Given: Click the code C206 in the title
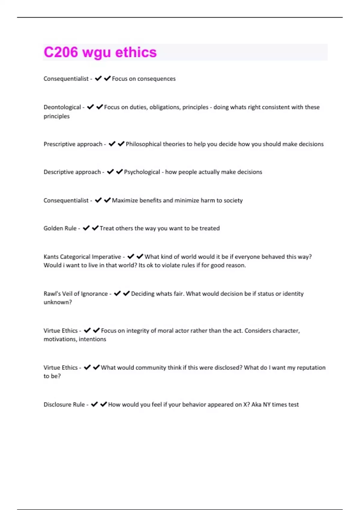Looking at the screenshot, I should coord(61,52).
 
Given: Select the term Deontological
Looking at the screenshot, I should coord(62,107).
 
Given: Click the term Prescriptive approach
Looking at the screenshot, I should coord(73,144).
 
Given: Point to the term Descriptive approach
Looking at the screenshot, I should coord(72,172).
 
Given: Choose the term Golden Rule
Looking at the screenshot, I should coord(60,228).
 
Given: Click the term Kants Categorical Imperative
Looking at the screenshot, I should coord(82,257).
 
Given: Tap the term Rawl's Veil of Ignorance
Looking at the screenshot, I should coord(76,294).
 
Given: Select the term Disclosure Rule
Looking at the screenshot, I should coord(64,404).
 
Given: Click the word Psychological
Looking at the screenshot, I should coord(142,172).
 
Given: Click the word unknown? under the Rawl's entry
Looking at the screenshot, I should coord(58,302).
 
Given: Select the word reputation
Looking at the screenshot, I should coord(311,367).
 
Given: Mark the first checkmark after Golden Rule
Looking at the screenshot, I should coord(86,228).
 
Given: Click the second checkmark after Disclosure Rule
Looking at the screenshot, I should coord(103,404).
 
